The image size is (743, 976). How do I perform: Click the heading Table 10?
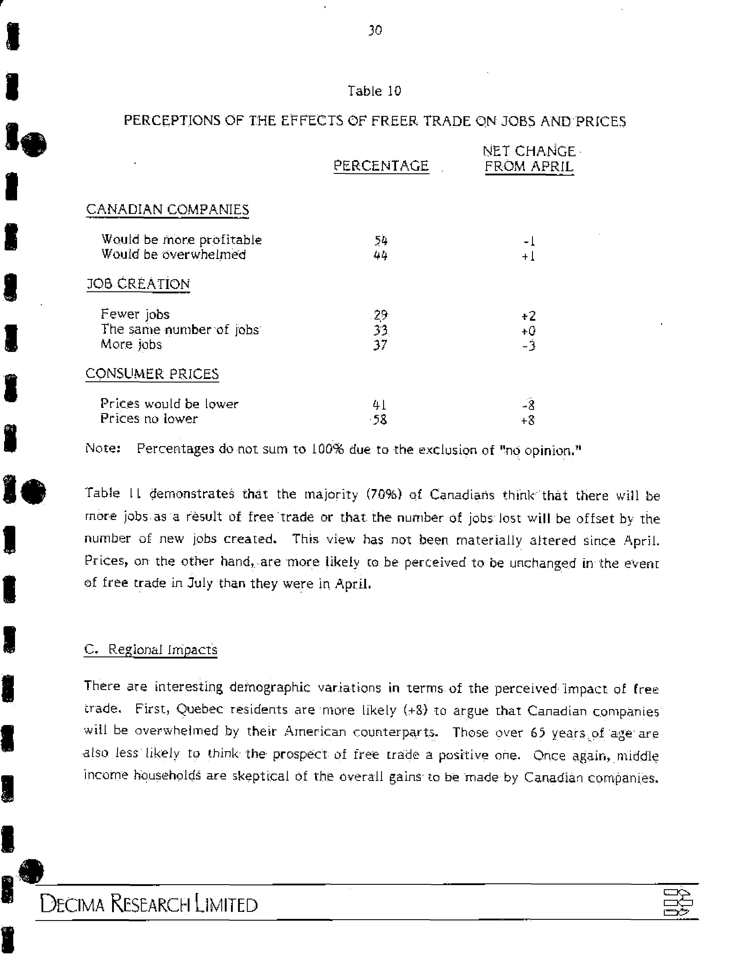pyautogui.click(x=374, y=91)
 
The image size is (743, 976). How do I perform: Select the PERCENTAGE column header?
pyautogui.click(x=381, y=166)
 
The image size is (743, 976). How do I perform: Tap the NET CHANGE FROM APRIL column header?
pyautogui.click(x=529, y=159)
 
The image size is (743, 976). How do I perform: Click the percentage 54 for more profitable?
pyautogui.click(x=381, y=241)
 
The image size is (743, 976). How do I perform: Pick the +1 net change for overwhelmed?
pyautogui.click(x=528, y=256)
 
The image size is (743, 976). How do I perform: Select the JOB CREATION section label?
pyautogui.click(x=138, y=284)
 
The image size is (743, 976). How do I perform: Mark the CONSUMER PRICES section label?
pyautogui.click(x=152, y=374)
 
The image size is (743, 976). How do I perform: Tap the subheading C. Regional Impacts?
pyautogui.click(x=150, y=650)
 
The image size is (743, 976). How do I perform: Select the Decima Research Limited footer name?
pyautogui.click(x=149, y=904)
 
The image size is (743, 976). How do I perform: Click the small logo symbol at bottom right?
pyautogui.click(x=678, y=902)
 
